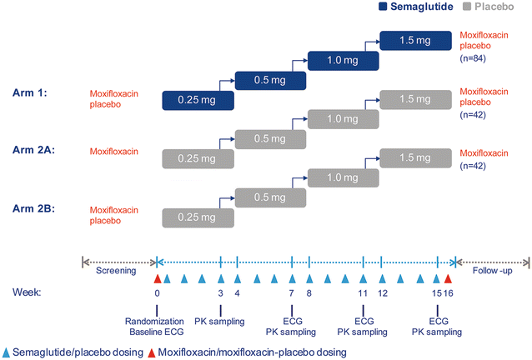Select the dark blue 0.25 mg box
tap(197, 100)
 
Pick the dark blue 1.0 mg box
tap(343, 60)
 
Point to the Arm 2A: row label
tap(28, 152)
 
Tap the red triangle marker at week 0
tap(157, 279)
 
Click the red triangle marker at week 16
tap(449, 279)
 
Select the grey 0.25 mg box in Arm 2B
tap(197, 217)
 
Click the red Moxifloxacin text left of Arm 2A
tap(116, 152)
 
